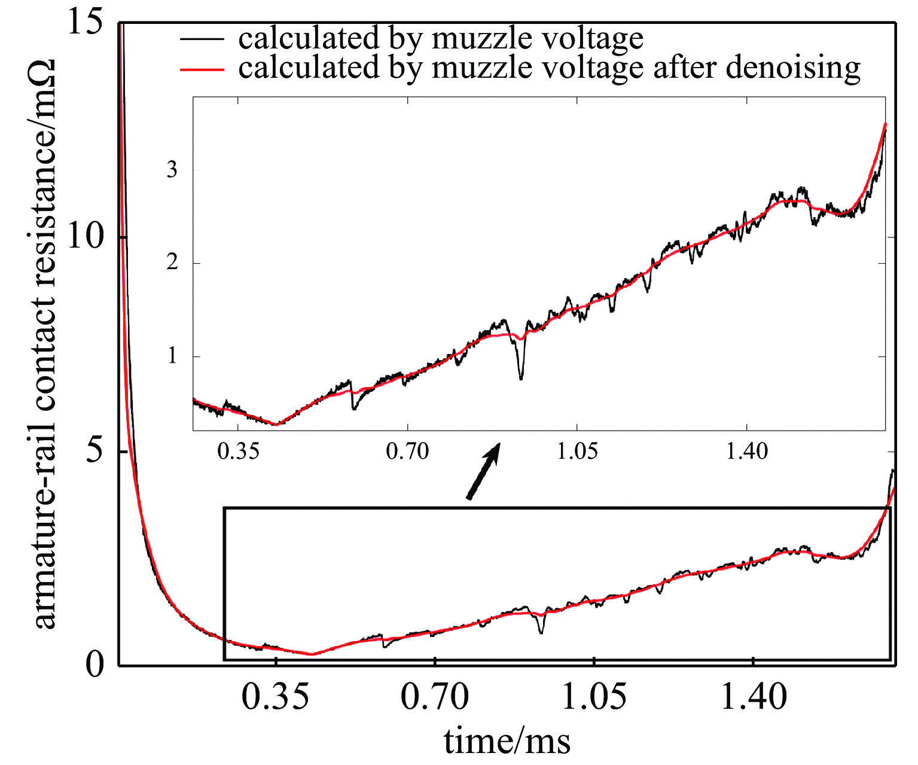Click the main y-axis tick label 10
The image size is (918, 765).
86,237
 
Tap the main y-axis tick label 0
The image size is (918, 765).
95,664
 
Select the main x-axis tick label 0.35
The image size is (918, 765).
276,697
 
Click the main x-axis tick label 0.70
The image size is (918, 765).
435,697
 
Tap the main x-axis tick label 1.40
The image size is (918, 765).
754,697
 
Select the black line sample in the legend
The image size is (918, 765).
202,39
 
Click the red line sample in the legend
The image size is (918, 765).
202,69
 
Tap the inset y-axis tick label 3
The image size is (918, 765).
172,170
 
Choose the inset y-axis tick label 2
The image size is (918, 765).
172,263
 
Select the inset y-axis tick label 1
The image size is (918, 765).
172,356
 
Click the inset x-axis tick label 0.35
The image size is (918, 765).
238,451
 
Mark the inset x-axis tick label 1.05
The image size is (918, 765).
577,451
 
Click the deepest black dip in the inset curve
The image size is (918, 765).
521,377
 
